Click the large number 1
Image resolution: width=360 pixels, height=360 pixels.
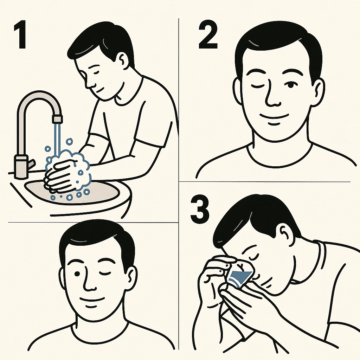coord(20,34)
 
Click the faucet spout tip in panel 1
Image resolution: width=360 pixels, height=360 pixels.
coord(57,119)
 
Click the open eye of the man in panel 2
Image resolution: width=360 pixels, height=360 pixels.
coord(290,85)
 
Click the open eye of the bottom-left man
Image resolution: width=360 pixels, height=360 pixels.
coord(77,274)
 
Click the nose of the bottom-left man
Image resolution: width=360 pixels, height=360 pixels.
coord(90,281)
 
